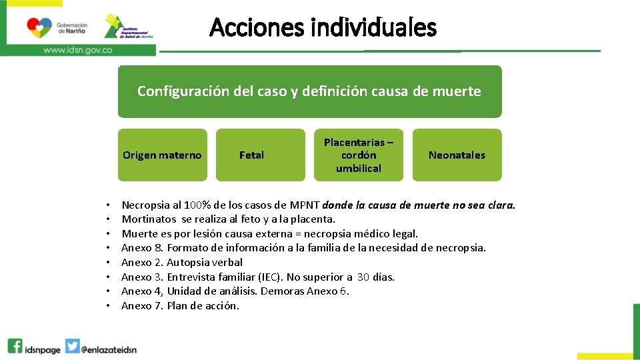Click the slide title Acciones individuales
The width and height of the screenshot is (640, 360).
323,28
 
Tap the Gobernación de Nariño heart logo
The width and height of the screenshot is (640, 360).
39,27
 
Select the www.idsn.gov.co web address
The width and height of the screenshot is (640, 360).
77,49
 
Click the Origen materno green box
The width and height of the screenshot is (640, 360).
162,155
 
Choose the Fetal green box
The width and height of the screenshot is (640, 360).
251,155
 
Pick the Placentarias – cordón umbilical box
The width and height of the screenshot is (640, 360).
359,155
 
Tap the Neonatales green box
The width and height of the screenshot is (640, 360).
457,155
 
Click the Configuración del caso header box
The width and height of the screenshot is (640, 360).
309,91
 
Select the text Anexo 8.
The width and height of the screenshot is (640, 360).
143,248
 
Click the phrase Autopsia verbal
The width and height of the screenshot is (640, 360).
205,263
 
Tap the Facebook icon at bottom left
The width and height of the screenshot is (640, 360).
15,346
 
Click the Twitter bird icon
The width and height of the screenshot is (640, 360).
73,347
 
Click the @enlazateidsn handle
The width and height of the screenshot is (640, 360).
109,348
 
